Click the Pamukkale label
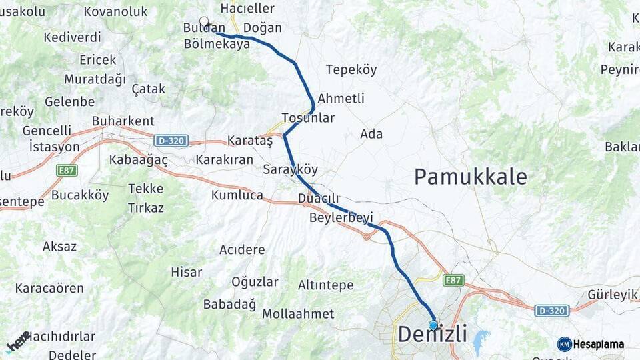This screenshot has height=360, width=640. coord(470,177)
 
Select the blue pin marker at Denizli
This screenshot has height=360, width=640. coord(433,325)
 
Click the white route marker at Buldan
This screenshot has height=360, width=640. coord(204,22)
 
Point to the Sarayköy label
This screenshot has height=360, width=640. coord(290,169)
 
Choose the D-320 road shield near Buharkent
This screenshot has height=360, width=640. coord(171,141)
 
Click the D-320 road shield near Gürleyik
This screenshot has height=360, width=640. coord(552,310)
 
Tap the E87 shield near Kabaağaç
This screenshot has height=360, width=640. coord(67,170)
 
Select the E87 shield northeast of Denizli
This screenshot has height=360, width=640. coord(453,281)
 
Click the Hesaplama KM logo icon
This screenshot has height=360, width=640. coord(565,344)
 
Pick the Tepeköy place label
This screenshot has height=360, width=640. coord(351,70)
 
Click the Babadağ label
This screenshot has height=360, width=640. coord(229,305)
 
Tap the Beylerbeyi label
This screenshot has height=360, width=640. coord(341,217)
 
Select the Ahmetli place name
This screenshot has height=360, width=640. coord(341,99)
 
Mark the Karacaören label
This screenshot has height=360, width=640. coord(49,289)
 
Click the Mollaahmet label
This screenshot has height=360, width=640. coord(298,313)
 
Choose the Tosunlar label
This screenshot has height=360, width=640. coord(308,118)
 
